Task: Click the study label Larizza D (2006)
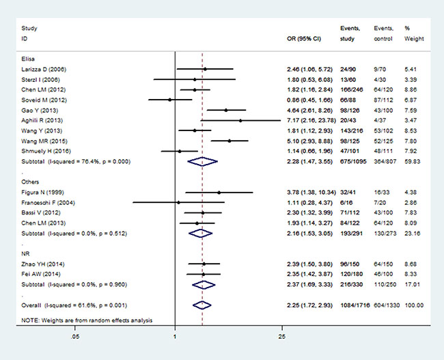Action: pos(45,70)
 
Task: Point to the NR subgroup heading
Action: pos(27,252)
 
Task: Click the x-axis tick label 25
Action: pos(281,337)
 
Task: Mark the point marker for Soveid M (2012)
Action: pos(170,100)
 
